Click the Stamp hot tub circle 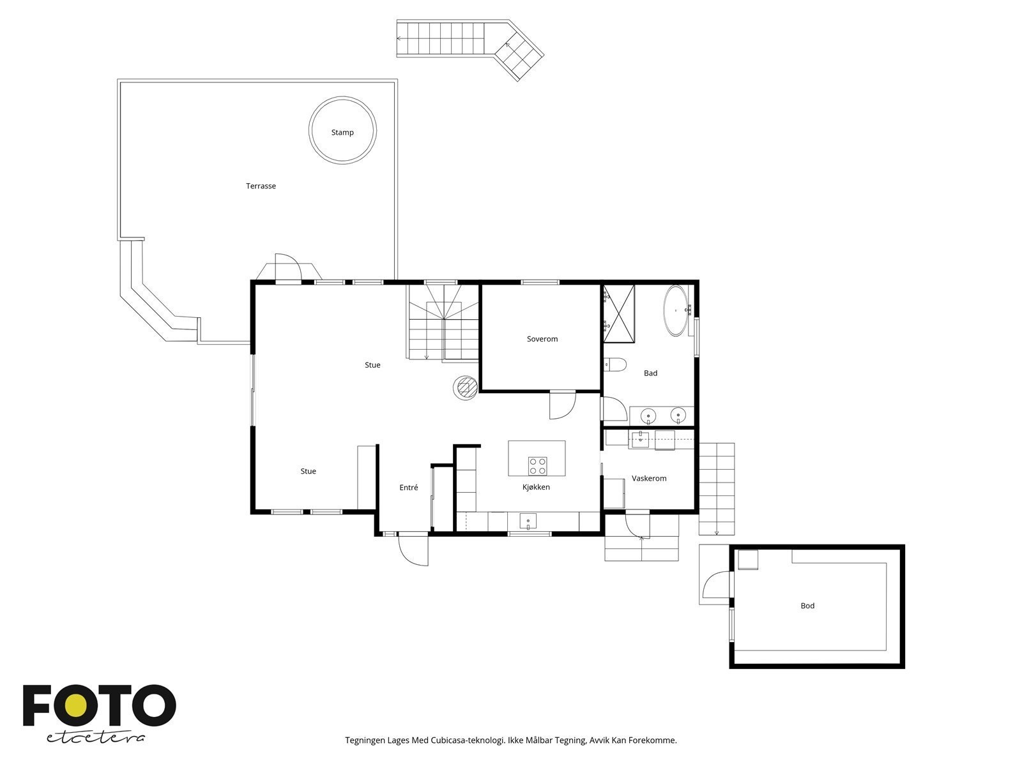(x=342, y=132)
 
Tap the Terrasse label (x=261, y=186)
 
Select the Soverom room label (x=542, y=339)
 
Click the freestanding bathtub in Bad (x=676, y=311)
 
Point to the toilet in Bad (x=616, y=365)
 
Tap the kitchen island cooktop (x=537, y=466)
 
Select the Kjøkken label (x=536, y=487)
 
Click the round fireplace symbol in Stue (x=465, y=387)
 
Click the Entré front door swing (x=412, y=549)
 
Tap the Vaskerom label (x=649, y=478)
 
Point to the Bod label (x=807, y=606)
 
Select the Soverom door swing (x=562, y=406)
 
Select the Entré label (x=409, y=488)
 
